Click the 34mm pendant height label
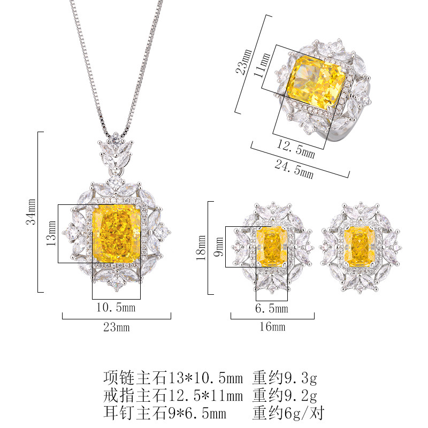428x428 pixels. pos(31,211)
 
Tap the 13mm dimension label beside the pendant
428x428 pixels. pos(51,233)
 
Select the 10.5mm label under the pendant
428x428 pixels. pos(116,307)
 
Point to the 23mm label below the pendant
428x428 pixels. pos(117,327)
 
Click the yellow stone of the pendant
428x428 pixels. pos(117,233)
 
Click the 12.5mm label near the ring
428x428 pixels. pos(296,149)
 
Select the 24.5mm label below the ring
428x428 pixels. pos(294,169)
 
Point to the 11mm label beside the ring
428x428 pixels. pos(262,65)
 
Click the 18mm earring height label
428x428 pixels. pos(201,248)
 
